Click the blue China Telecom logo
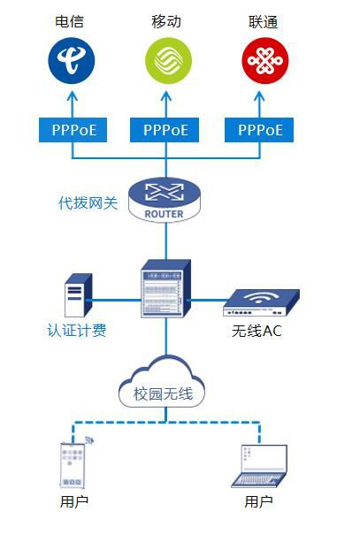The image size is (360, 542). point(72,61)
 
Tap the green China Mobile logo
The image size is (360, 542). point(168,61)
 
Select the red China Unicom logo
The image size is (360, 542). point(265,61)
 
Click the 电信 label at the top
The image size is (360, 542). point(70,21)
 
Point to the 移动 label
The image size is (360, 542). point(166,21)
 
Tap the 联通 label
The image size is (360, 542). point(264,22)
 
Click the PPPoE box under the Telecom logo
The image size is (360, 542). point(73,130)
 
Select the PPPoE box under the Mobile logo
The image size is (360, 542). point(165,130)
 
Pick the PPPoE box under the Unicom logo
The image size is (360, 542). point(259,130)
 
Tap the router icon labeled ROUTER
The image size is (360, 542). point(165,200)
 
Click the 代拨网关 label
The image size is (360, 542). point(88,202)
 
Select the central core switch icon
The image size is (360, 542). point(166,288)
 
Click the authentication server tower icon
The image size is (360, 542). point(78,295)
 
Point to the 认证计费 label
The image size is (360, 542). point(77,331)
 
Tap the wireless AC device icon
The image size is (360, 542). point(261,302)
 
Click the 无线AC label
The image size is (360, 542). point(257,332)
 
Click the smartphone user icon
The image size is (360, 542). point(73,463)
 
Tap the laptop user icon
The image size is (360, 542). point(259,466)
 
